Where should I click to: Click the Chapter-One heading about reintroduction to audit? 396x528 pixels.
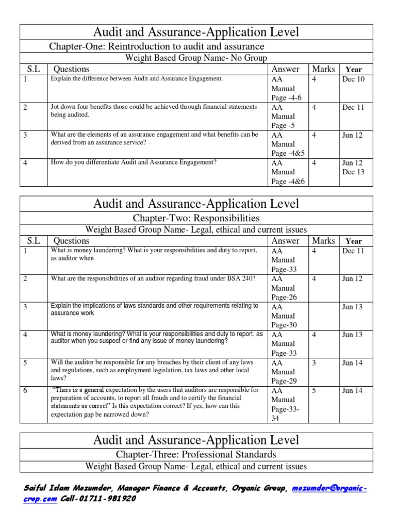tap(156, 46)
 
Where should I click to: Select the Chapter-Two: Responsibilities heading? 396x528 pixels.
tap(196, 218)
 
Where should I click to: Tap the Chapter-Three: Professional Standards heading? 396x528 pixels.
tap(196, 454)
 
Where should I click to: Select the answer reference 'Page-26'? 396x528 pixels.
tap(283, 297)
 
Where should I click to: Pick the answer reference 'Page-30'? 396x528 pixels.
tap(283, 325)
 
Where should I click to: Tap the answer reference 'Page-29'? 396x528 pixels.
tap(283, 381)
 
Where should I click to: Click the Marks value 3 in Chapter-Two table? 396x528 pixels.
tap(314, 363)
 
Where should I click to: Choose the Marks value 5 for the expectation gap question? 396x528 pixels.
tap(314, 391)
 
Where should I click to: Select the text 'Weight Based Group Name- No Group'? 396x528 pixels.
tap(196, 58)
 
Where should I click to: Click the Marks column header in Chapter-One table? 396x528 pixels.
tap(323, 69)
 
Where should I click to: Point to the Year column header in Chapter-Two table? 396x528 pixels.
tap(354, 241)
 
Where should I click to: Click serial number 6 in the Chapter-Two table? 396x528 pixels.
tap(25, 391)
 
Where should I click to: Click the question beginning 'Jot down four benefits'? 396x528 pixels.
tap(153, 111)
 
